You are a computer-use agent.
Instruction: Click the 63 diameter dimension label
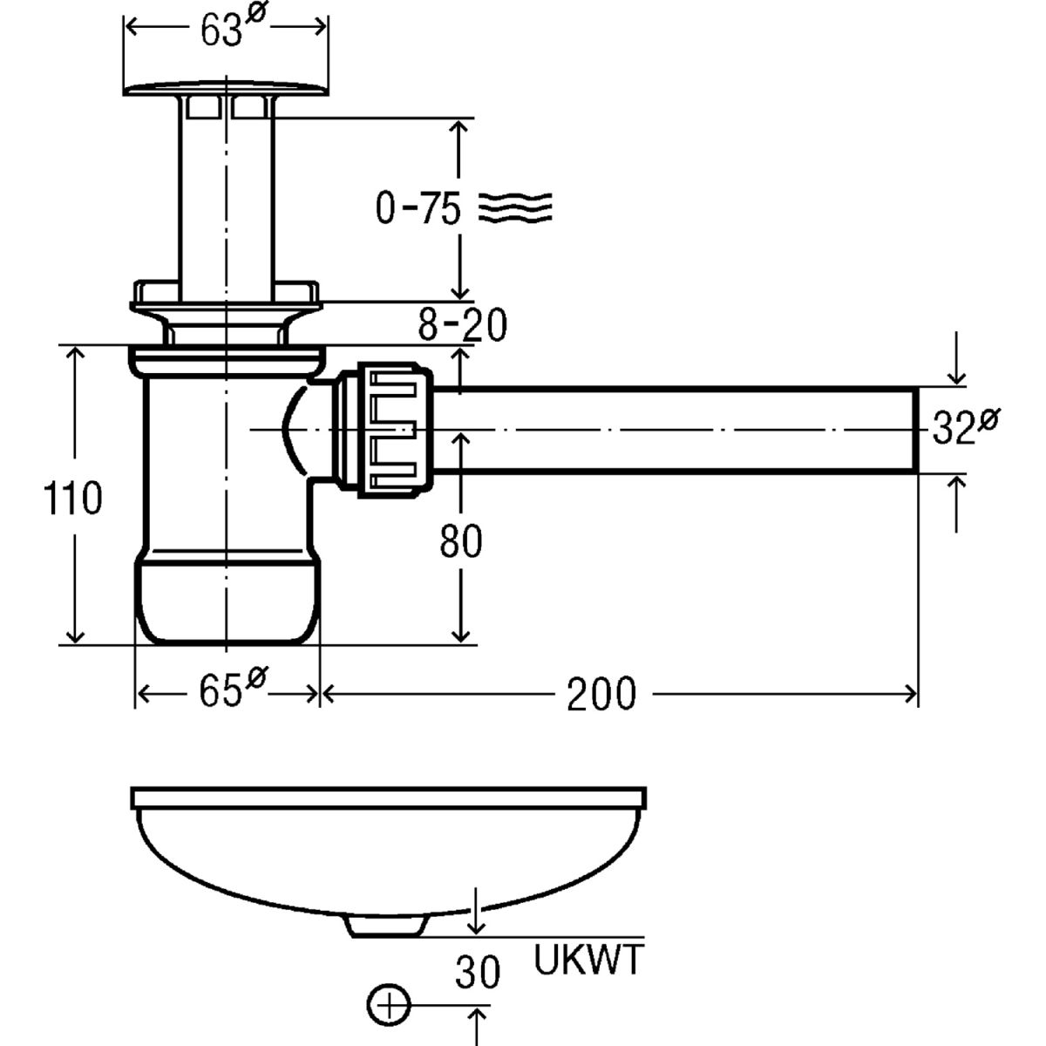pos(228,30)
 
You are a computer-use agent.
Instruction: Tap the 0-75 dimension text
pos(418,209)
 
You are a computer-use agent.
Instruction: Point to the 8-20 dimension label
pos(462,326)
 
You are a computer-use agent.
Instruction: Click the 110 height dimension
pos(74,499)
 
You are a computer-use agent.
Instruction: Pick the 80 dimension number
pos(460,542)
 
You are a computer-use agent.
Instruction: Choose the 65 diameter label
pos(228,692)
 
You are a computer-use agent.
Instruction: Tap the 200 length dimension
pos(602,694)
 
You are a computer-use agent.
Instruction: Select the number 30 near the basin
pos(478,973)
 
